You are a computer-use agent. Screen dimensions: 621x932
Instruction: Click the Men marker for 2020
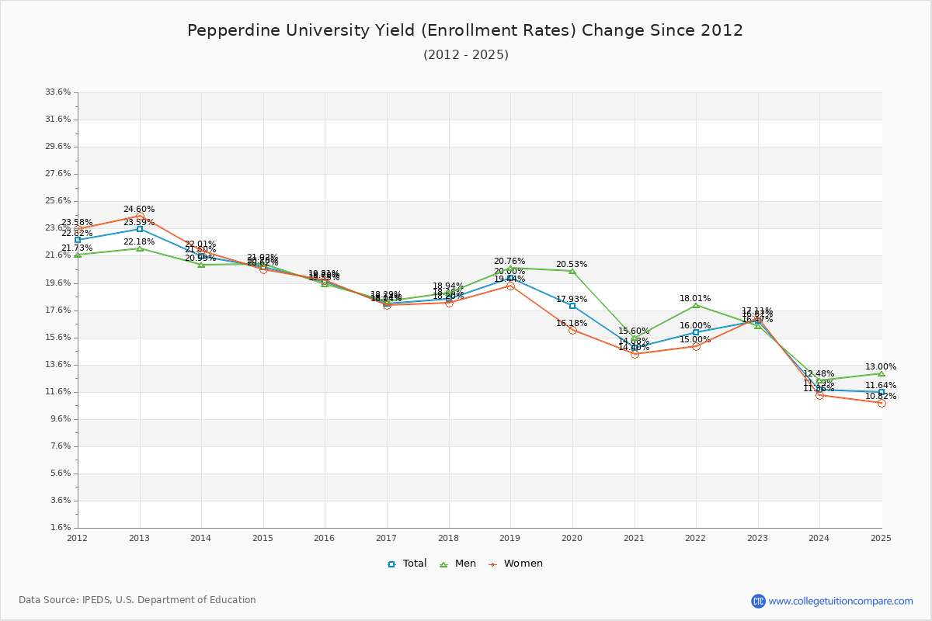[x=572, y=271]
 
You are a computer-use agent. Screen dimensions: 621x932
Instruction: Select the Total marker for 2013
[x=140, y=229]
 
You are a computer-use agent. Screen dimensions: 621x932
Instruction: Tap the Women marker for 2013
[x=140, y=216]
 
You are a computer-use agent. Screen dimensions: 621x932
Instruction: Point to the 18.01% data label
[x=695, y=298]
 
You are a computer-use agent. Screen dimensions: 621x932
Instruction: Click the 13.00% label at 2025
[x=881, y=366]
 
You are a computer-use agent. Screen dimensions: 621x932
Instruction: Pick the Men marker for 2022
[x=696, y=305]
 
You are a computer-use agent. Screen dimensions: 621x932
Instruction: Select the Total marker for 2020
[x=572, y=306]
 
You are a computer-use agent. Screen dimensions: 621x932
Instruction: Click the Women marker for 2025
[x=882, y=403]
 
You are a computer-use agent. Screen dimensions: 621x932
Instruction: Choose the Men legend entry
[x=458, y=564]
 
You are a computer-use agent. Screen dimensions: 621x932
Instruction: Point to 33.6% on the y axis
[x=58, y=92]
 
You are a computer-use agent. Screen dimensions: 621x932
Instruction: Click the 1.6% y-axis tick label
[x=61, y=528]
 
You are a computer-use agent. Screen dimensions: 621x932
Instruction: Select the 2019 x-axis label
[x=510, y=537]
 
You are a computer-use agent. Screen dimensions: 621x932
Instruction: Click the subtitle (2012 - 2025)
[x=466, y=54]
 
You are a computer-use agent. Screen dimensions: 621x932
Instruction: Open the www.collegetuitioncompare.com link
[x=840, y=601]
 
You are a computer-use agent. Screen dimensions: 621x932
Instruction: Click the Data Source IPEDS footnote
[x=137, y=600]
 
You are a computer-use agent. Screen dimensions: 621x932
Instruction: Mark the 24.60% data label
[x=139, y=209]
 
